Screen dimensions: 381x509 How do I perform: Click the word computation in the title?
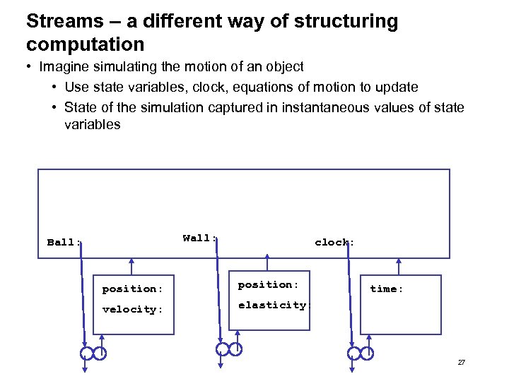(85, 45)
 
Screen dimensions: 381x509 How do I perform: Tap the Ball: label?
(64, 243)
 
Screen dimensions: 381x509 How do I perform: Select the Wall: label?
(200, 238)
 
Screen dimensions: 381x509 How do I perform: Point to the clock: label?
(334, 242)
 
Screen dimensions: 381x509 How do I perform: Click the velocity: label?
(132, 309)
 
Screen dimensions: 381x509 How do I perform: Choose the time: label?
(387, 289)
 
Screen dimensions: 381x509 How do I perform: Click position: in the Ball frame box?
(132, 289)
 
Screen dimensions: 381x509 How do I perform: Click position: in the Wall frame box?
(269, 284)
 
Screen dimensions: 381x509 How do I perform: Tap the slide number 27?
(461, 363)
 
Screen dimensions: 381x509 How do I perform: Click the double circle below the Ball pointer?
(93, 352)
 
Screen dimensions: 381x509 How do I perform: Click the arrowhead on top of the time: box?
(400, 262)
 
